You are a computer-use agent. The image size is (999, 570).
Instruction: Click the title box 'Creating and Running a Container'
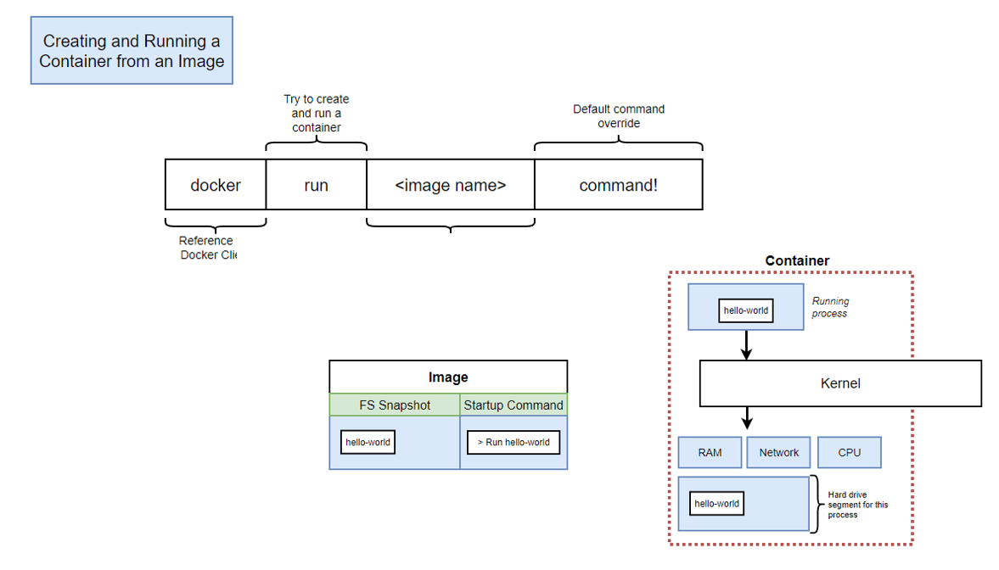tap(132, 51)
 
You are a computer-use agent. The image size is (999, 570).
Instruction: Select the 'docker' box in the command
tap(216, 185)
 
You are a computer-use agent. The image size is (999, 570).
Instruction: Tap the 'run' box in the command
tap(316, 185)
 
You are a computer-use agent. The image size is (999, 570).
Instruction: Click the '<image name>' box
tap(451, 185)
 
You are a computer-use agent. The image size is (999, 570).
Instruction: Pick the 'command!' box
tap(618, 185)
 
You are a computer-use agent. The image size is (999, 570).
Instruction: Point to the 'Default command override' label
tap(619, 116)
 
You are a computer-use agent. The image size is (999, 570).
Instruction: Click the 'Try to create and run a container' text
tap(316, 113)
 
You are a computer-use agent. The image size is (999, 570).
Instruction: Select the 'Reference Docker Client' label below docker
tap(207, 248)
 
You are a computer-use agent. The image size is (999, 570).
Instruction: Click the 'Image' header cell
tap(448, 377)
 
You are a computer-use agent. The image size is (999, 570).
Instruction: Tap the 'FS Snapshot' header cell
tap(395, 405)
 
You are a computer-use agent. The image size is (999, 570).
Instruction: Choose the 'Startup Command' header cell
tap(514, 405)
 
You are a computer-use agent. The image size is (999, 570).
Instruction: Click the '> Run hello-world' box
tap(514, 442)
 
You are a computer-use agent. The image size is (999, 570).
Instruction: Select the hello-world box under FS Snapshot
tap(368, 442)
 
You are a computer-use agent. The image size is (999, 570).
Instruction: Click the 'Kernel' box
tap(840, 383)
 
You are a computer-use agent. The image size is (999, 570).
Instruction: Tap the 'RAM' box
tap(710, 452)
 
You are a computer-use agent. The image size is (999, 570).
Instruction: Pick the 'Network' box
tap(779, 452)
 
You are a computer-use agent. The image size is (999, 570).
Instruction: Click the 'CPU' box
tap(850, 452)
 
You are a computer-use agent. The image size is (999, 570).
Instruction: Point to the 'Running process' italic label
tap(830, 307)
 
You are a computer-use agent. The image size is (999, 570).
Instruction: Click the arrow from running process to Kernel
tap(746, 344)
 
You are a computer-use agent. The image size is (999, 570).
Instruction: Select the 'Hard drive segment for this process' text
tap(857, 505)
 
